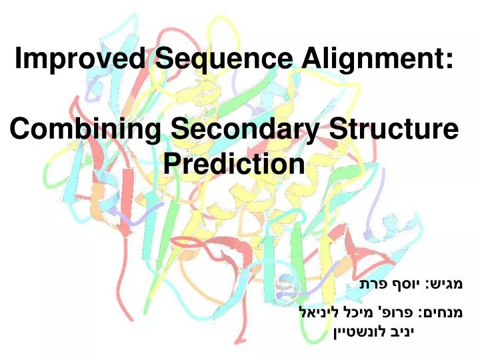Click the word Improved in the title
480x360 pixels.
coord(80,60)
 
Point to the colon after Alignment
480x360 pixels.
coord(449,61)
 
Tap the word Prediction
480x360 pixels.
coord(233,163)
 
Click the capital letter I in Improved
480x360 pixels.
coord(20,60)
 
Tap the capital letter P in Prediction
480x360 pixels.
coord(171,163)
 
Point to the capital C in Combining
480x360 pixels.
coord(23,129)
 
